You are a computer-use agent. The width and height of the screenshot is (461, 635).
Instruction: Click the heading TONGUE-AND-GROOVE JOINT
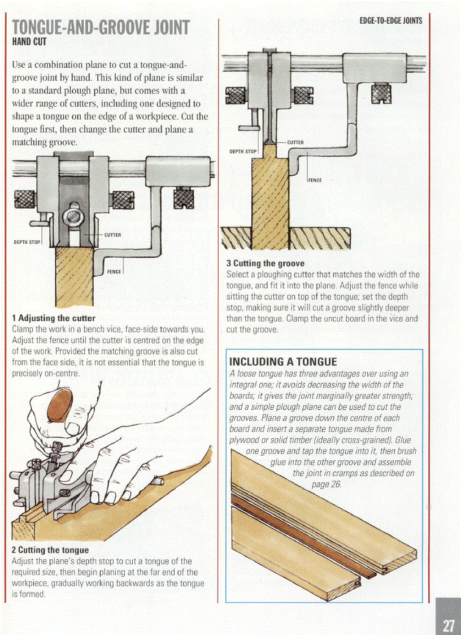[x=101, y=27]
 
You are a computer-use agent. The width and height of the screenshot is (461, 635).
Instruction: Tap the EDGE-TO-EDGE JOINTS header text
[x=390, y=21]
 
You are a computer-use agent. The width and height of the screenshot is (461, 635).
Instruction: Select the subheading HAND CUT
[x=28, y=42]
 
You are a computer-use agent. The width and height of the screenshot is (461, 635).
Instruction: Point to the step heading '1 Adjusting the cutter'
[x=54, y=318]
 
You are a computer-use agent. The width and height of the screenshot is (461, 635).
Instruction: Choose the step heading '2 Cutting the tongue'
[x=50, y=550]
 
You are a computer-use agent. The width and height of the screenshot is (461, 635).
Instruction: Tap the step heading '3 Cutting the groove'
[x=265, y=263]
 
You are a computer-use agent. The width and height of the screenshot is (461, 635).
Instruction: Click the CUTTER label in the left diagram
[x=113, y=234]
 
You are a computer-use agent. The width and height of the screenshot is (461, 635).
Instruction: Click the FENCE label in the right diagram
[x=315, y=180]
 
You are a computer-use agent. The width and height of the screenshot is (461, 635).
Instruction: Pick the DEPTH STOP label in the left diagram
[x=27, y=242]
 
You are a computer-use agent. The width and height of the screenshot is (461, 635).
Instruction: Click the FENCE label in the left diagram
[x=114, y=272]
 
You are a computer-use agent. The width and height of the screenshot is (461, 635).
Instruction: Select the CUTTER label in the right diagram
[x=295, y=142]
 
